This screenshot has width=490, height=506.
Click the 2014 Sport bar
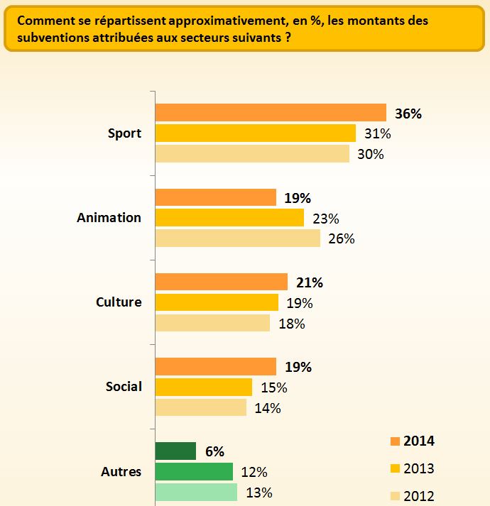click(270, 113)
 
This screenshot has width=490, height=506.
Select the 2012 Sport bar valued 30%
click(252, 154)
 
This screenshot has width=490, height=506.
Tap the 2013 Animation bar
click(229, 218)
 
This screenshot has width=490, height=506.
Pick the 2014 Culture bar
click(221, 282)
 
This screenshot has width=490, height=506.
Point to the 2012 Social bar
click(201, 408)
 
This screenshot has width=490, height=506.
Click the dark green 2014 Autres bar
click(175, 451)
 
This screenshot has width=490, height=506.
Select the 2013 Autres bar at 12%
click(194, 472)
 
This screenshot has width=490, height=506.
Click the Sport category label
click(124, 133)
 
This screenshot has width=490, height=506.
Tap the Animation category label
click(109, 218)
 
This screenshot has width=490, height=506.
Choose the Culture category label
click(119, 302)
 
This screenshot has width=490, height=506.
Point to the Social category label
click(124, 387)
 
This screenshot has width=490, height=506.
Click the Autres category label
click(121, 472)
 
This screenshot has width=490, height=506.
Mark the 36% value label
click(408, 114)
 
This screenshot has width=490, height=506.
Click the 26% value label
click(342, 238)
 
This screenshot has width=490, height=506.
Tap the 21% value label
click(309, 282)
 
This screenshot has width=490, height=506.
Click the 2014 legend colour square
click(395, 441)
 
